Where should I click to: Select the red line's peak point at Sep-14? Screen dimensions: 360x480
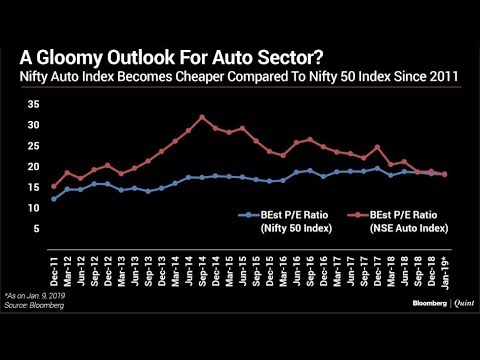point(202,117)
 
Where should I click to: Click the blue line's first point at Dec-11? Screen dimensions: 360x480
point(54,199)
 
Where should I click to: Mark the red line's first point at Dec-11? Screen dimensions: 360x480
point(54,186)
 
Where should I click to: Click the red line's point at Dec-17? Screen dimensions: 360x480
point(377,147)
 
